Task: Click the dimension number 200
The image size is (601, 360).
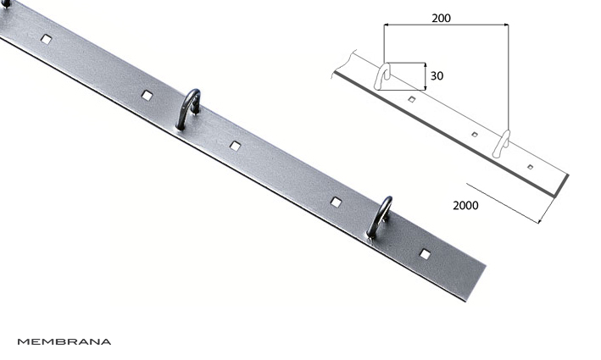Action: (x=441, y=18)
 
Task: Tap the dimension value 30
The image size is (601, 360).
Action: (x=437, y=76)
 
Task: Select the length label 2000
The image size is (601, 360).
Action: (x=465, y=206)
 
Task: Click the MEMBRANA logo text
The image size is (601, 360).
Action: (x=64, y=341)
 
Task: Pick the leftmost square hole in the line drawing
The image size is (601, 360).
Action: (x=412, y=100)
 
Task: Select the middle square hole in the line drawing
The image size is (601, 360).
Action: (x=475, y=135)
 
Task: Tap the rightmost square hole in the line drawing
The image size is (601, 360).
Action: (x=530, y=167)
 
